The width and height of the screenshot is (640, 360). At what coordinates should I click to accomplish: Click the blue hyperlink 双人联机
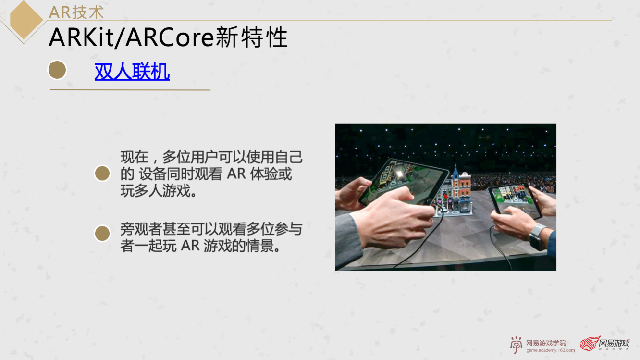pos(132,72)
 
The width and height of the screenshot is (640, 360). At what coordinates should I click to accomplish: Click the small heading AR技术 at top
pos(76,12)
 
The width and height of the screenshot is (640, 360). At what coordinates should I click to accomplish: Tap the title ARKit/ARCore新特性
pos(168,37)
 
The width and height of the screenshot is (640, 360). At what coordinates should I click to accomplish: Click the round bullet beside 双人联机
pos(57,71)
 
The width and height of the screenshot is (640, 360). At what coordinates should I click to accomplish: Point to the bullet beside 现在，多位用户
pos(102,174)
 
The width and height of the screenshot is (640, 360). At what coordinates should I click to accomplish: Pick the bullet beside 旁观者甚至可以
pos(102,233)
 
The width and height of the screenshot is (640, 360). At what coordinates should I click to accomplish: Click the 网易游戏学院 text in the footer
pos(546,343)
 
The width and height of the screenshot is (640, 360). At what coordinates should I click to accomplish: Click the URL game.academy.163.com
pos(550,350)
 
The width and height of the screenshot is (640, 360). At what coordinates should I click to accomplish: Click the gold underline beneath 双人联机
pos(130,90)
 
